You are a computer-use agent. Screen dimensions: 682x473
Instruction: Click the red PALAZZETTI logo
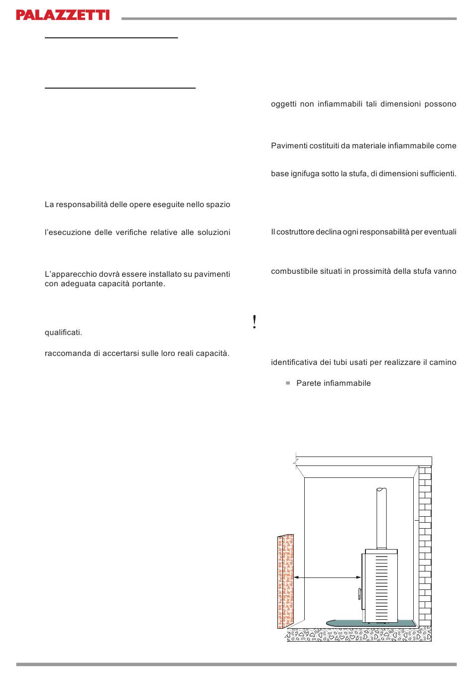63,15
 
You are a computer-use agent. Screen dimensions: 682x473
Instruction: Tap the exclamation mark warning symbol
254,323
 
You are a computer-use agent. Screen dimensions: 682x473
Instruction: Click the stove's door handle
358,594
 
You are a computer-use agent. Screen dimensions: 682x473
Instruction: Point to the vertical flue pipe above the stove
381,518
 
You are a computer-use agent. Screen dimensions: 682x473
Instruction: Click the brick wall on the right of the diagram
425,548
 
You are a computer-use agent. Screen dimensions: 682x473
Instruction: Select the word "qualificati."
63,333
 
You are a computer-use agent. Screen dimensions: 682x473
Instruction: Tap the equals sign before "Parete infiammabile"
288,383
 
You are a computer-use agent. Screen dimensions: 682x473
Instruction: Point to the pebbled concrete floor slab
358,635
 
